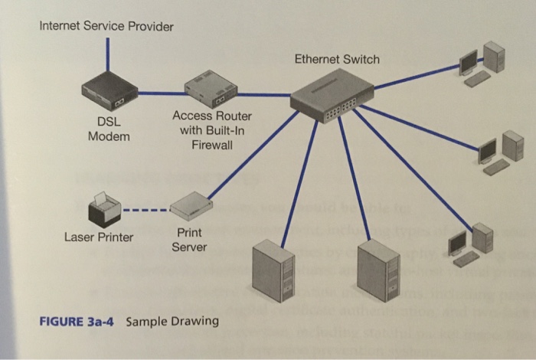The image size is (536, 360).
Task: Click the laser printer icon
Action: click(105, 208)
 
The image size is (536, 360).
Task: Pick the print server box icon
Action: click(189, 206)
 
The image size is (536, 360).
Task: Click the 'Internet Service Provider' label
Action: click(106, 27)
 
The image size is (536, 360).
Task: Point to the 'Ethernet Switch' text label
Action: click(337, 59)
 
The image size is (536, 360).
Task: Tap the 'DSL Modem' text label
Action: click(109, 129)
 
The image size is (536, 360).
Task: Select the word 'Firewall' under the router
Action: click(211, 146)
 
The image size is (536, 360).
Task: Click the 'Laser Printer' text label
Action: click(98, 237)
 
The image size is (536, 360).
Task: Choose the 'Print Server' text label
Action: click(189, 239)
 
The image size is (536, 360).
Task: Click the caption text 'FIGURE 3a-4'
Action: click(77, 321)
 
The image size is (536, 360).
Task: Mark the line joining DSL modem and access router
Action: click(159, 93)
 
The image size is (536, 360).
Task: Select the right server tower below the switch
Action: click(379, 270)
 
